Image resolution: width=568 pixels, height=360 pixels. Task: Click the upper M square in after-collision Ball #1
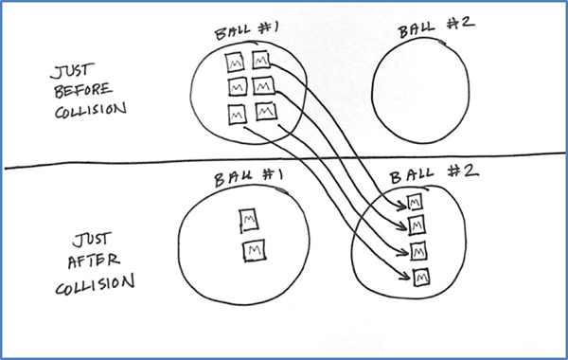[x=250, y=220]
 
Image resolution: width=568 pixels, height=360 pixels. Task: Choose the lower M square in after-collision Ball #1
[x=253, y=250]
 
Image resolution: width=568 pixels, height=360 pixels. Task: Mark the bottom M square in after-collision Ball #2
[x=421, y=276]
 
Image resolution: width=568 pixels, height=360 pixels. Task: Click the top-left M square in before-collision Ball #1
[x=233, y=64]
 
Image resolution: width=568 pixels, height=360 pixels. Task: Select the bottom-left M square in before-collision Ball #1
[x=236, y=114]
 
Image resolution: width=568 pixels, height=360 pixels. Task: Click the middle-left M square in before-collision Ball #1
[x=235, y=89]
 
